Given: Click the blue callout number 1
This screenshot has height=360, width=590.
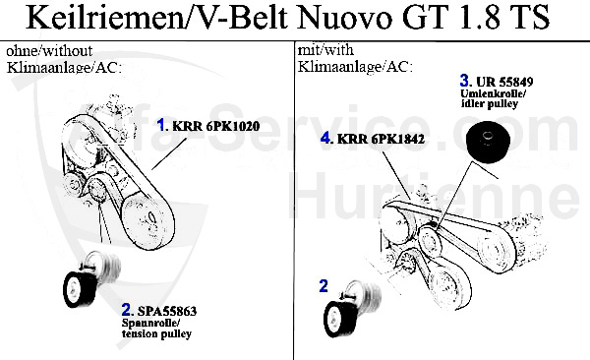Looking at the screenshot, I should click(162, 125).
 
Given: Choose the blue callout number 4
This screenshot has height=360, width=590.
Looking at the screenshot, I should click(325, 139).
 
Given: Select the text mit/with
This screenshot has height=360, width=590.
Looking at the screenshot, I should click(324, 48).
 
